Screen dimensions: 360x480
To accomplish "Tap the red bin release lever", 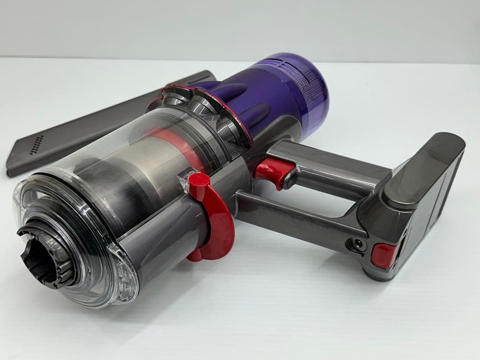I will (216, 222).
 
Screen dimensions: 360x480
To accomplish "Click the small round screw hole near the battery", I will (356, 243).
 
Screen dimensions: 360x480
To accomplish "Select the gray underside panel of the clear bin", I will (160, 249).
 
